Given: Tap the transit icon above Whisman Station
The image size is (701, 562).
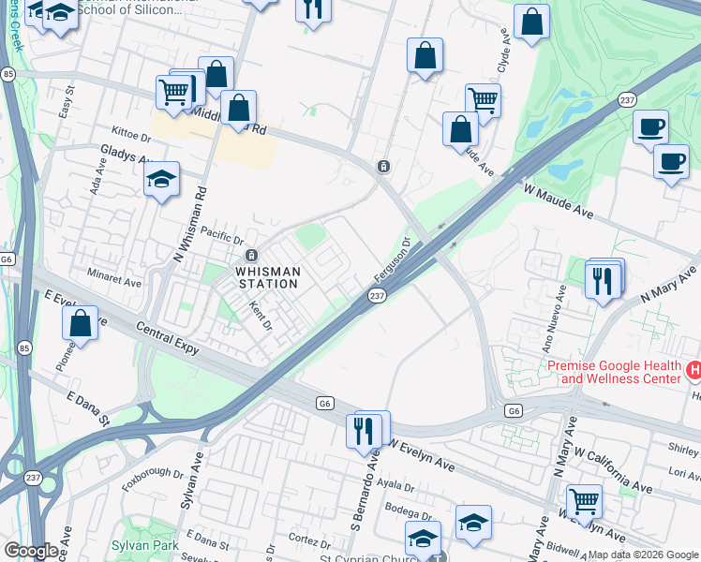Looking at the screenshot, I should coord(251,256).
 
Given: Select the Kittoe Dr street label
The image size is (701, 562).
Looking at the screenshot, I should coord(130,132).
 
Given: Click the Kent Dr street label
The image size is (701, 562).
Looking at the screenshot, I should coord(261,316).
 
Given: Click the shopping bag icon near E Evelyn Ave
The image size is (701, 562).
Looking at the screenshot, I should coord(81,323).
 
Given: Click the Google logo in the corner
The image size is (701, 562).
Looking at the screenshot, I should coord(31,551).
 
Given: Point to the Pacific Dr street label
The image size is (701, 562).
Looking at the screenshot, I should coord(221,242).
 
